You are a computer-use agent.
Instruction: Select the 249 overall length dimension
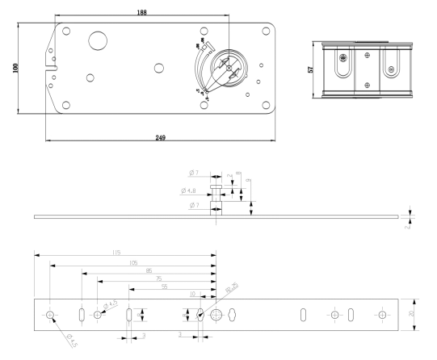(x=160, y=139)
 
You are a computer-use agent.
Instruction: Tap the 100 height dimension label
(x=16, y=68)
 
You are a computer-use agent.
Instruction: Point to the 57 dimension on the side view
(x=311, y=69)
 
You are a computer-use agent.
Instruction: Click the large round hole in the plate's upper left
(x=99, y=41)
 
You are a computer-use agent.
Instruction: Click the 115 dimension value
(x=116, y=253)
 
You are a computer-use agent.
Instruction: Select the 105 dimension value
(x=132, y=263)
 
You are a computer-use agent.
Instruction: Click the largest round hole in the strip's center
(x=216, y=314)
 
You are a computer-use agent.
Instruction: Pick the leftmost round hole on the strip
(x=51, y=314)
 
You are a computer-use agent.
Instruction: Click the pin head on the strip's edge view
(x=216, y=186)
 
